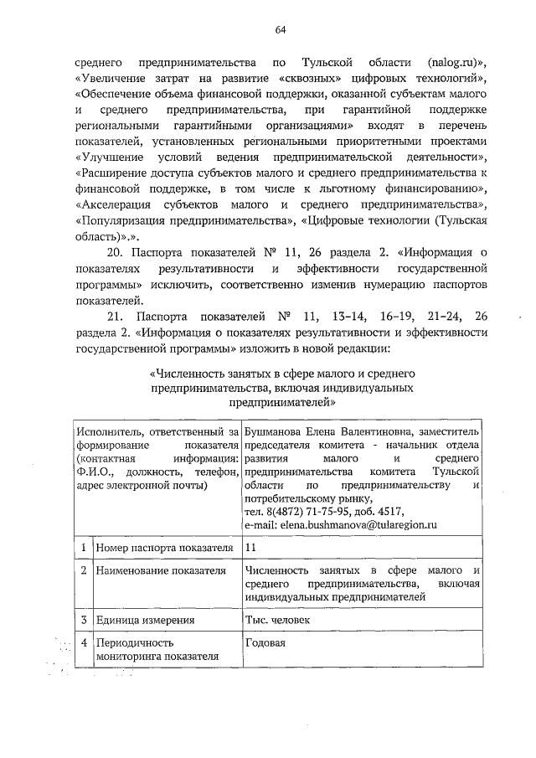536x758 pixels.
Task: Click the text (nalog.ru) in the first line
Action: [456, 63]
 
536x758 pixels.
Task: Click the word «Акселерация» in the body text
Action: [117, 204]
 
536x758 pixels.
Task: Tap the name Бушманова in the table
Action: [273, 431]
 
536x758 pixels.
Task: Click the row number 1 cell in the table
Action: [83, 548]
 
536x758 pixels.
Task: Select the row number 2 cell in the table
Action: [83, 570]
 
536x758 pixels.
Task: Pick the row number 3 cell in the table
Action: [83, 621]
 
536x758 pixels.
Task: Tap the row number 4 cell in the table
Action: [83, 643]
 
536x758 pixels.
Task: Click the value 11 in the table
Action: [250, 548]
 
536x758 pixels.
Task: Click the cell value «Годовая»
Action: [265, 643]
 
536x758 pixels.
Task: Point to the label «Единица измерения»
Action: [146, 621]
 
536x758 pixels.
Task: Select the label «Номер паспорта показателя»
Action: [164, 548]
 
